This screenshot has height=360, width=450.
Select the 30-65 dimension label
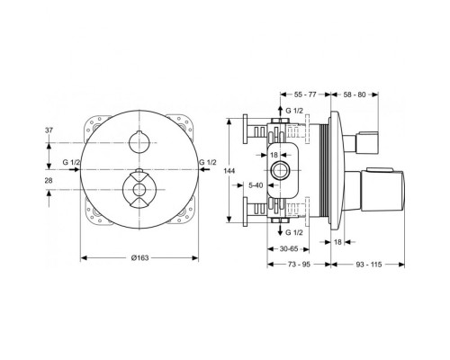(x=289, y=249)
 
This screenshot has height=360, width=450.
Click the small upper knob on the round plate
(x=138, y=141)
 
